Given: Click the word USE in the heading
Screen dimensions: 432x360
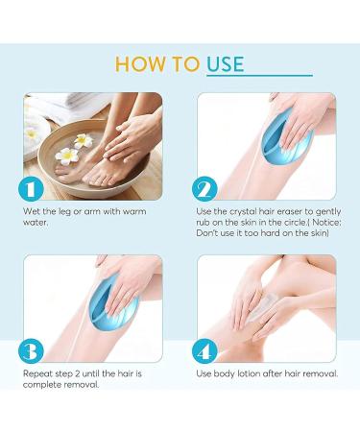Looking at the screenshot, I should (225, 64).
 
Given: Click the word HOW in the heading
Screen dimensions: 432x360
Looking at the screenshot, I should (137, 64).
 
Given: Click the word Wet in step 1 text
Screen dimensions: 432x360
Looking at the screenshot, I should (32, 210).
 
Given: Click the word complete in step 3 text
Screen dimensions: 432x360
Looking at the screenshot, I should (43, 384).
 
